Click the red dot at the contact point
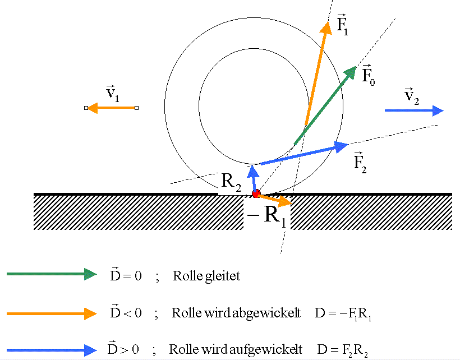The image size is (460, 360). coord(256,194)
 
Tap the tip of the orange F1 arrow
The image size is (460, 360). coord(326,22)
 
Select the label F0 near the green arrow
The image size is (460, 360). coord(369,75)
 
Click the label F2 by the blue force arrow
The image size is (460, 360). coord(360,163)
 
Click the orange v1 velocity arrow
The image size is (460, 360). coord(111,108)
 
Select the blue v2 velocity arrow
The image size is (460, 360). coord(414,111)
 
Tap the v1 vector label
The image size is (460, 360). coord(113,94)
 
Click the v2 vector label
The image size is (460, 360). coord(412,97)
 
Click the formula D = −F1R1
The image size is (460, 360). coord(343,314)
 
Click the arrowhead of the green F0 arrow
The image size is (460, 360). coord(351,71)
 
